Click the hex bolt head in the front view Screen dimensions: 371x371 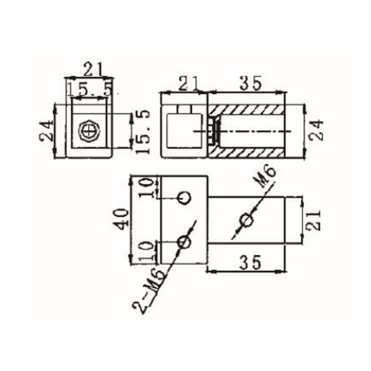point(89,130)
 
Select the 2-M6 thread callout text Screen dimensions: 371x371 point(147,290)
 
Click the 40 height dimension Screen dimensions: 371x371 point(121,219)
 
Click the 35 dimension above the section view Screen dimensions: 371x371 point(250,83)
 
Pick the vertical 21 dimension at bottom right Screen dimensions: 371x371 point(314,219)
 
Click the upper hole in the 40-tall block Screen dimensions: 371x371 point(184,198)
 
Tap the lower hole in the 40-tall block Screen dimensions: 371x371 point(184,242)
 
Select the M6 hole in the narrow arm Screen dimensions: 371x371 point(246,221)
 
